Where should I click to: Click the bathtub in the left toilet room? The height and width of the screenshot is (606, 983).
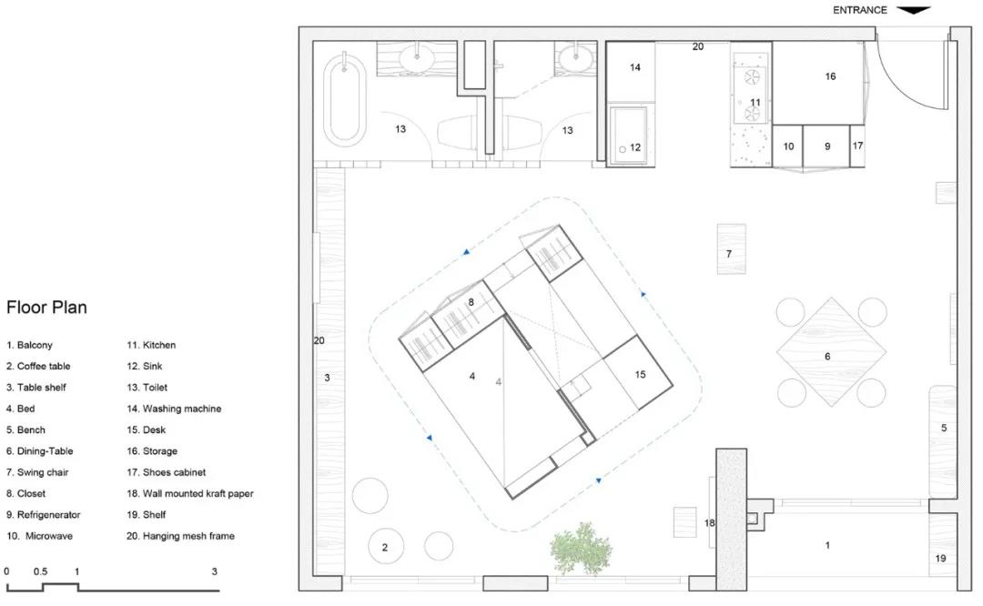[344, 100]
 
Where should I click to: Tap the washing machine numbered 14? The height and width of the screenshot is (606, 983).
[632, 72]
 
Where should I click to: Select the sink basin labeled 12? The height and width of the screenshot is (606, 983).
[628, 136]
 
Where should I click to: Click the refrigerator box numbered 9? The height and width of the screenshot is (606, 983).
[826, 146]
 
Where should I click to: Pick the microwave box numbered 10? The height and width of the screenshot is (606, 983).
[787, 146]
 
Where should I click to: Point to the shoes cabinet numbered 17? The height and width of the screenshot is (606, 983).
[857, 146]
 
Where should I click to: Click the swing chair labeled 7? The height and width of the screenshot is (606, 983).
[731, 248]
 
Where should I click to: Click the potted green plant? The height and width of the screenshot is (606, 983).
[581, 549]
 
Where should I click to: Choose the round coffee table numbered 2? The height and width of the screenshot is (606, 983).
[385, 547]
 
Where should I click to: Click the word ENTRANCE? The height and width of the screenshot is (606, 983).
[859, 10]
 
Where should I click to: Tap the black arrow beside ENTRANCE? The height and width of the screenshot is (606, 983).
[914, 9]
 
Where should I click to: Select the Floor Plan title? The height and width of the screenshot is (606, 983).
[46, 307]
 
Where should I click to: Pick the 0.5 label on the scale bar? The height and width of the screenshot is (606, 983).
[41, 571]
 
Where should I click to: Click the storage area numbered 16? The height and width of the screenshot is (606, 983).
[818, 82]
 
